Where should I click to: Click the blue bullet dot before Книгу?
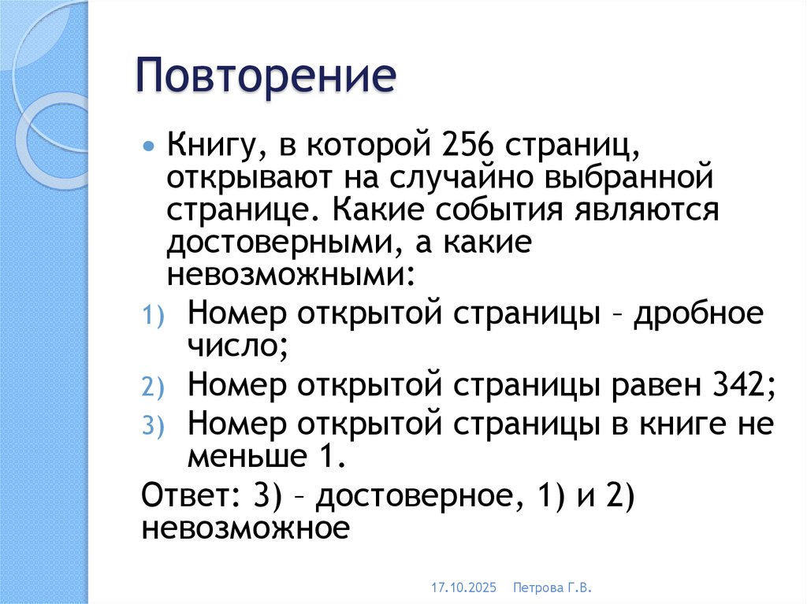150,148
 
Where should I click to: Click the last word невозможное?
245,528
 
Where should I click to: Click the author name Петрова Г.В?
552,587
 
